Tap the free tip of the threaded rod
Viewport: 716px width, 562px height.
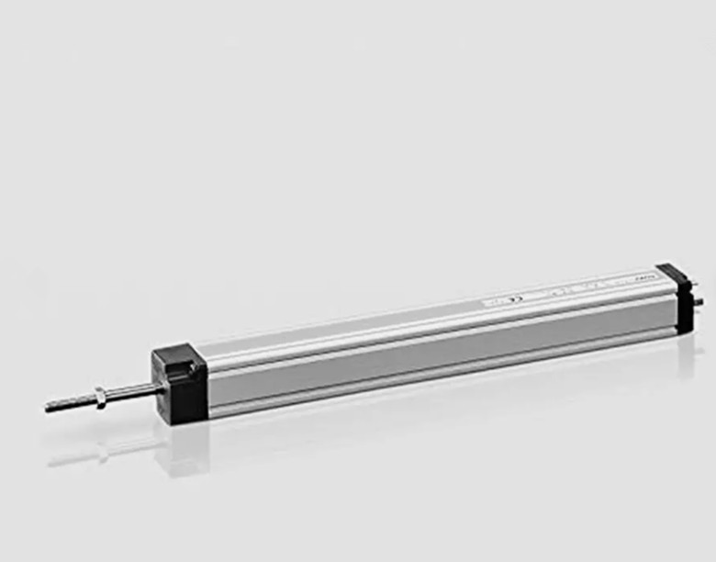tap(49, 407)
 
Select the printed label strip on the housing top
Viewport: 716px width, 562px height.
tap(569, 289)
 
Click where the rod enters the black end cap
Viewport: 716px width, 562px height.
tap(159, 389)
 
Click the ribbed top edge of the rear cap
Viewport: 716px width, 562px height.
tap(673, 273)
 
